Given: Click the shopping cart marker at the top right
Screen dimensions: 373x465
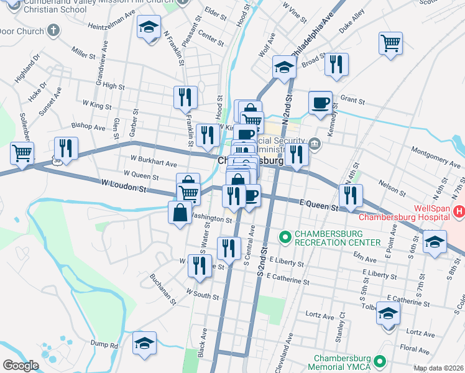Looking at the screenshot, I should click(x=390, y=44).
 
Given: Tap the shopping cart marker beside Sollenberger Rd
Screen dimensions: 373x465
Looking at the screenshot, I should click(x=22, y=152).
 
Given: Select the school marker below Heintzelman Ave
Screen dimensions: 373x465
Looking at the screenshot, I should click(x=149, y=28).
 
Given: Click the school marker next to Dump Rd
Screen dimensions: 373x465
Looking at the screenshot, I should click(x=144, y=343).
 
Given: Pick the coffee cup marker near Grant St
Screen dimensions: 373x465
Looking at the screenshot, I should click(x=320, y=103).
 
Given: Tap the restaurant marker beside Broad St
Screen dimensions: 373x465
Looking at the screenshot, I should click(x=336, y=64).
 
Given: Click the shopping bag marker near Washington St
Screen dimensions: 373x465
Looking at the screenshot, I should click(x=180, y=213).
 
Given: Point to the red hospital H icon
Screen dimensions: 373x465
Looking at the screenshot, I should click(x=459, y=212).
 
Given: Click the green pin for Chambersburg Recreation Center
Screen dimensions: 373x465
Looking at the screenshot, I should click(x=285, y=237).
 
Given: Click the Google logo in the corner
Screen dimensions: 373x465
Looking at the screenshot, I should click(x=21, y=366).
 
